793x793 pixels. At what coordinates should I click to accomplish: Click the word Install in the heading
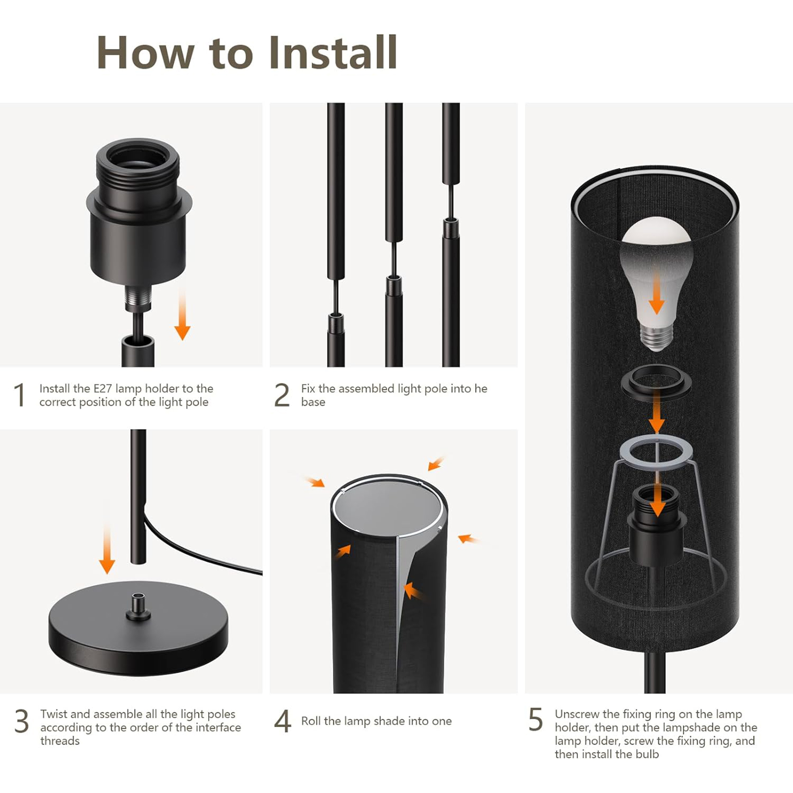333,53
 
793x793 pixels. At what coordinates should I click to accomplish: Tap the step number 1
20,395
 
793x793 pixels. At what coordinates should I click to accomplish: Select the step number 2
282,395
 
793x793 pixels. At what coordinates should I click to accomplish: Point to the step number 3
22,721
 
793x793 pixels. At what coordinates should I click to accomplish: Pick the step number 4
283,721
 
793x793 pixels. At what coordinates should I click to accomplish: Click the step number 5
536,720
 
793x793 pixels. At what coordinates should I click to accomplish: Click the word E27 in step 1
103,389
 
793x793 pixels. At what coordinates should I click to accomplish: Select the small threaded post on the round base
139,606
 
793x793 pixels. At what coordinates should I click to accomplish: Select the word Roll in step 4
311,721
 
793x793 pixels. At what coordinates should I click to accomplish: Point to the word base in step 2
313,402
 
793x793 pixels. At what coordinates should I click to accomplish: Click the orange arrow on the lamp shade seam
415,591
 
